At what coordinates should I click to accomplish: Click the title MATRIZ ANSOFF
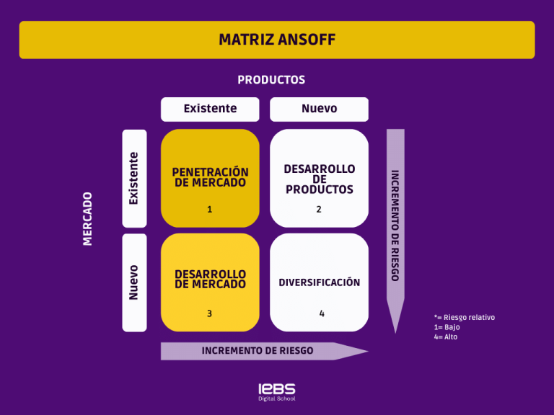click(x=277, y=40)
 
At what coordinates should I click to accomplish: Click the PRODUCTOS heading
click(x=271, y=80)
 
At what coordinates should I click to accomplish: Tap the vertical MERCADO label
click(x=88, y=218)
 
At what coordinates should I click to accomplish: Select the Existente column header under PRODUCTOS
click(x=210, y=109)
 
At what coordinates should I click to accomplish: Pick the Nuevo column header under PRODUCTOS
click(x=319, y=109)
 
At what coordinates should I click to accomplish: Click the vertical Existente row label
click(x=134, y=178)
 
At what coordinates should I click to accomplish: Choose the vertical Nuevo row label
click(x=134, y=282)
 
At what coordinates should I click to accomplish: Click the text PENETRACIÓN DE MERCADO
click(x=210, y=177)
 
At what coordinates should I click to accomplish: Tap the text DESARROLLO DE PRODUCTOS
click(x=319, y=179)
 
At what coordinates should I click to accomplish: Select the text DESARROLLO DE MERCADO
click(x=210, y=279)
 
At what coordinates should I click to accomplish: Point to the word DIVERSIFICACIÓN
click(x=319, y=282)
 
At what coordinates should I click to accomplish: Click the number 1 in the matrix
click(x=210, y=210)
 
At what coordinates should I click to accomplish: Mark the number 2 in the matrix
click(x=319, y=210)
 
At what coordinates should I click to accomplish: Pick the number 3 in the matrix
click(x=210, y=313)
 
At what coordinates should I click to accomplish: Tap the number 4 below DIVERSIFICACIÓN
click(x=322, y=313)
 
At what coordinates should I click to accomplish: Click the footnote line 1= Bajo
click(x=447, y=327)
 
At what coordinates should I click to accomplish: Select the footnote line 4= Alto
click(x=446, y=337)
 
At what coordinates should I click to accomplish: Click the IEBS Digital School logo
click(x=277, y=391)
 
